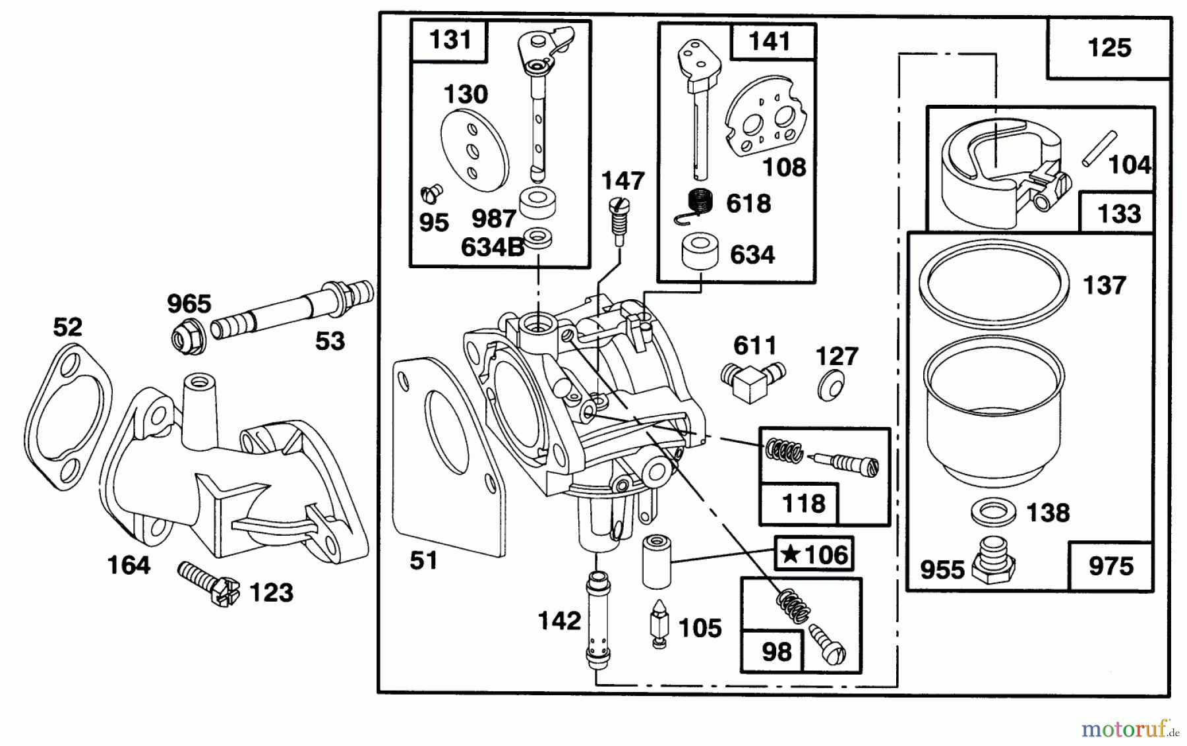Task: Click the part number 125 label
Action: point(1109,48)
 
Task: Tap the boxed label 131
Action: point(450,40)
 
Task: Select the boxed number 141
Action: point(769,42)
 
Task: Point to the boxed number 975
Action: point(1111,566)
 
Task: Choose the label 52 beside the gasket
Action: point(67,327)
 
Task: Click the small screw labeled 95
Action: point(431,194)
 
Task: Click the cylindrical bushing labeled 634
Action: point(700,252)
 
